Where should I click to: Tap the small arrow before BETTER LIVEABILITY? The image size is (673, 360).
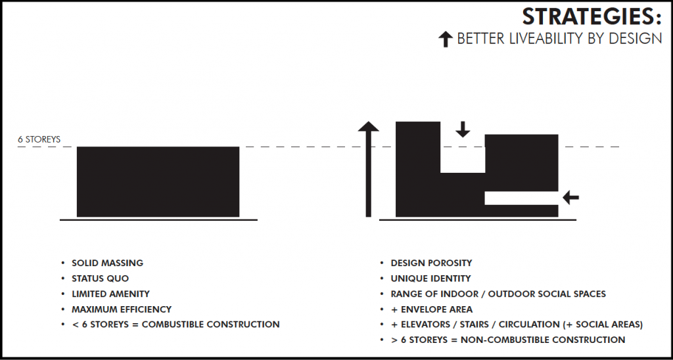click(446, 39)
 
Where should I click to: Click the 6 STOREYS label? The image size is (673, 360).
click(39, 139)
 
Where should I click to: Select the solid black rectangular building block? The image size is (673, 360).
click(158, 181)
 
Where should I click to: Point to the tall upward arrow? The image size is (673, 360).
click(369, 169)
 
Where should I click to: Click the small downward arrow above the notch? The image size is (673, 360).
click(463, 129)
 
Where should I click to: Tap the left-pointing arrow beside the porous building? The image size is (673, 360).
click(571, 196)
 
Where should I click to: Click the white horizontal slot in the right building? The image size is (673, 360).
click(521, 198)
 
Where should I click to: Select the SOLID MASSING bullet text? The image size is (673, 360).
click(107, 263)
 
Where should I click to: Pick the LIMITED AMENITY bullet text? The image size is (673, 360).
click(110, 294)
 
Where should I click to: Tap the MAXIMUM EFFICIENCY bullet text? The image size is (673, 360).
click(122, 309)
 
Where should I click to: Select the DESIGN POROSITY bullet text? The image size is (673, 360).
click(431, 263)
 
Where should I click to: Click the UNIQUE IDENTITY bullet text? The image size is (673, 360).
click(430, 279)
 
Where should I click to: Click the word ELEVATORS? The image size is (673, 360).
click(427, 325)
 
